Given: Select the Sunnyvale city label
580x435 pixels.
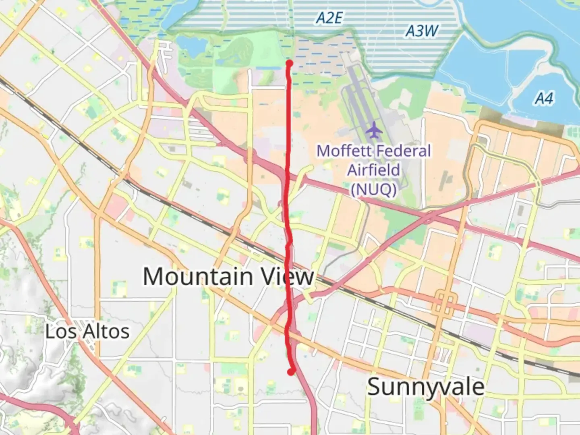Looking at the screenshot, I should (x=426, y=387).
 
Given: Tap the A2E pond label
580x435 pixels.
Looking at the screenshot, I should (x=329, y=18).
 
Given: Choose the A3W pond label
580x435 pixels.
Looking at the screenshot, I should (x=421, y=31).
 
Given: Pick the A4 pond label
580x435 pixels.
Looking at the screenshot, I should (x=544, y=98).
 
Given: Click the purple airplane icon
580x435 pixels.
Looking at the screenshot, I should (x=374, y=130).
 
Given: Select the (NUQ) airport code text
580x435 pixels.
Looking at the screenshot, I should (x=373, y=189).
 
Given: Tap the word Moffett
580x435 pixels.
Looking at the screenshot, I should (x=343, y=151).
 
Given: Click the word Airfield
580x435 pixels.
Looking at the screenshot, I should (x=373, y=170).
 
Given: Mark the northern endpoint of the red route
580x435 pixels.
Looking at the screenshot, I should (x=289, y=63).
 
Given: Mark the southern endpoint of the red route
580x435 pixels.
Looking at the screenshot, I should (x=291, y=372).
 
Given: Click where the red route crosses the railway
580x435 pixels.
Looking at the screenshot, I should (x=288, y=262).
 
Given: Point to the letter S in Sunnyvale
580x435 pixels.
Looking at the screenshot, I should (x=374, y=387).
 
